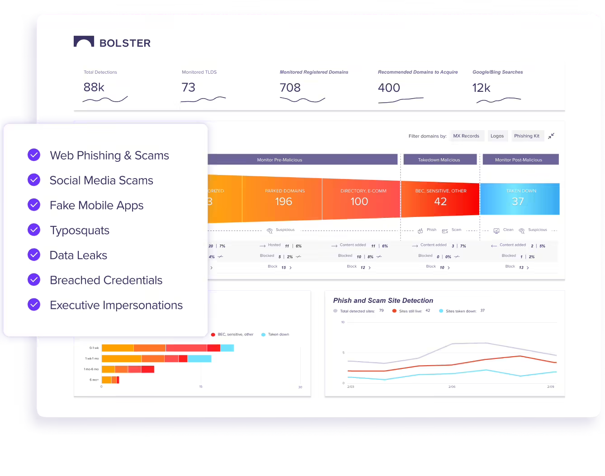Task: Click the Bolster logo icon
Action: click(84, 42)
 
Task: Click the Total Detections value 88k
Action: click(94, 87)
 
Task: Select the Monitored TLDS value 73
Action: click(189, 87)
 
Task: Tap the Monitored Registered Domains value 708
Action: click(290, 87)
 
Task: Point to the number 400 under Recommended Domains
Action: click(389, 88)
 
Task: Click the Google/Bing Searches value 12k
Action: click(481, 88)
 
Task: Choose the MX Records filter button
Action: click(466, 136)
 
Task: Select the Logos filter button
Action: click(497, 136)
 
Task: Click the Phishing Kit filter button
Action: click(527, 136)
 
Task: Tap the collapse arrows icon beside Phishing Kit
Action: click(551, 136)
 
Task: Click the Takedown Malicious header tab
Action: click(439, 160)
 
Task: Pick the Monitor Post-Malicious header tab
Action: click(519, 160)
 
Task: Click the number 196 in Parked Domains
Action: click(284, 202)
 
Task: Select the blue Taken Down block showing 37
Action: click(519, 199)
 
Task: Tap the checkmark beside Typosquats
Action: click(34, 230)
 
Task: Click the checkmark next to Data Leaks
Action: click(34, 254)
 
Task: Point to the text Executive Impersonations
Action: click(116, 305)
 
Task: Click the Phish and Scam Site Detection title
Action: click(383, 301)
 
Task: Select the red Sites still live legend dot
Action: click(394, 311)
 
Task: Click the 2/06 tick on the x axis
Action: click(452, 387)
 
